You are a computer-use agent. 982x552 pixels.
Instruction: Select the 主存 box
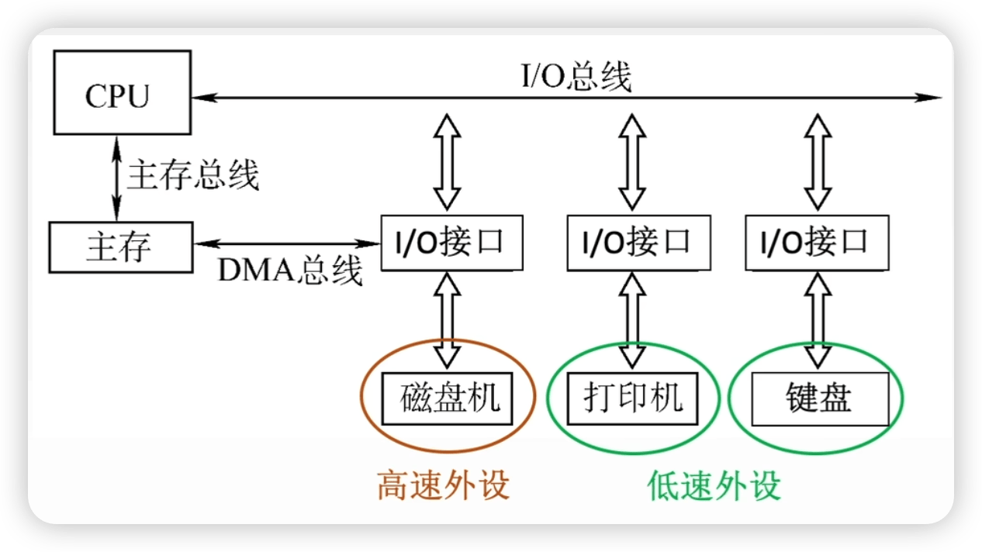tap(120, 247)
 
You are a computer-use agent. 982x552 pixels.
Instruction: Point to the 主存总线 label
tap(192, 175)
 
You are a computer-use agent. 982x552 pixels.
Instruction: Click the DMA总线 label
tap(289, 270)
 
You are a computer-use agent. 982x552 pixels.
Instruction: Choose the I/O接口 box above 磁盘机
tap(450, 243)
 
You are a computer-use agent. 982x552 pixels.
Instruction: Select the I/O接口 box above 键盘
tap(816, 243)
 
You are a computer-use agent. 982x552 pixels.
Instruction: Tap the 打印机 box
tap(632, 398)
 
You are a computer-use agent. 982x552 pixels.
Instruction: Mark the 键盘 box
tap(819, 398)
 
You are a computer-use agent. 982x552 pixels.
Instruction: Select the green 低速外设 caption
tap(714, 485)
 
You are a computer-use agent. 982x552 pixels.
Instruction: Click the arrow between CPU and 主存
tap(117, 178)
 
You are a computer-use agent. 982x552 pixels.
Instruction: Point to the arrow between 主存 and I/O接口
tap(287, 244)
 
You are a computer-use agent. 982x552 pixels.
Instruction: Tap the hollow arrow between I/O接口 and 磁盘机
tap(447, 319)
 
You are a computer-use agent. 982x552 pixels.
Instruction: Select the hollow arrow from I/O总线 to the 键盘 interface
tap(816, 161)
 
